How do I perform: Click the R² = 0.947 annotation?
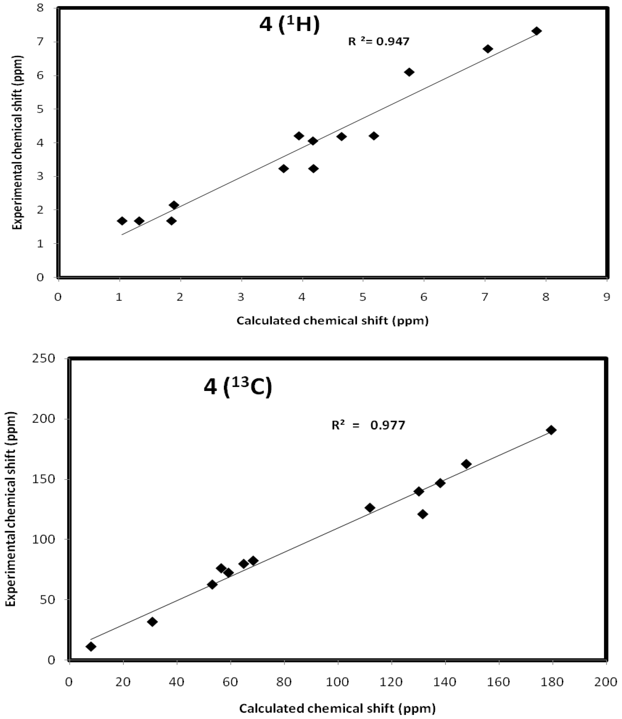click(x=379, y=42)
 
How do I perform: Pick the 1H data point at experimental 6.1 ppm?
click(x=409, y=72)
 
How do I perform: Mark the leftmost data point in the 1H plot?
click(x=122, y=221)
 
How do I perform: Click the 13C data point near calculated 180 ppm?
click(x=551, y=430)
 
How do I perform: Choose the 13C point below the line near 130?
click(x=422, y=514)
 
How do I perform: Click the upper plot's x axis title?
click(x=332, y=320)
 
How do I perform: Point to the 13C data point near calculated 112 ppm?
click(x=370, y=508)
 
